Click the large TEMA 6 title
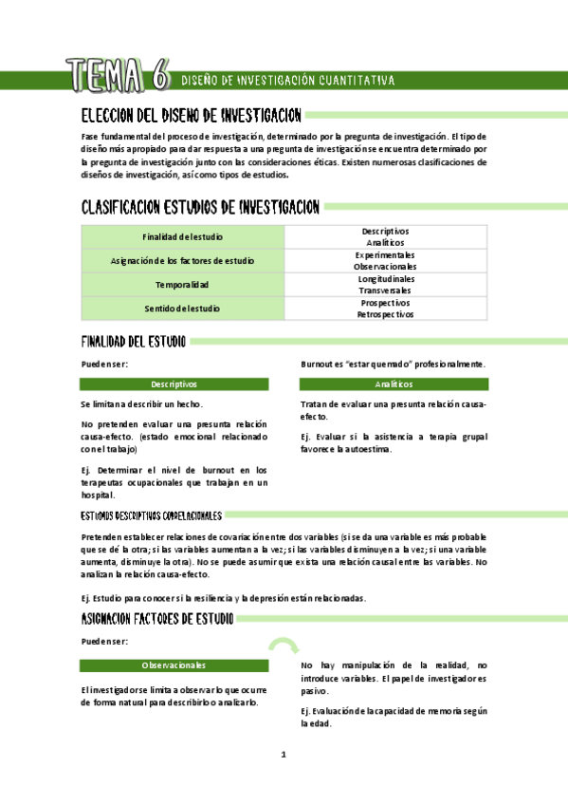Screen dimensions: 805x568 click(118, 74)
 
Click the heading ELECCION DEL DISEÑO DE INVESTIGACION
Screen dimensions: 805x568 click(192, 116)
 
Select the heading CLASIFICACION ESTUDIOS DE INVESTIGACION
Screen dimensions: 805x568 click(200, 207)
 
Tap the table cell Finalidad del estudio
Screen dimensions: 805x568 click(183, 236)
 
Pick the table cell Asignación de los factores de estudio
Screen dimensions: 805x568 click(183, 260)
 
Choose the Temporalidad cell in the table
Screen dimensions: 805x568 click(183, 285)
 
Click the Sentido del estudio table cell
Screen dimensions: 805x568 click(183, 309)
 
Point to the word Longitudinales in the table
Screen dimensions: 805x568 click(385, 279)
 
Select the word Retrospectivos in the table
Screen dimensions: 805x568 click(385, 314)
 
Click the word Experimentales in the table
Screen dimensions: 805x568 click(385, 254)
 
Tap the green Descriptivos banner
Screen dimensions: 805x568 click(174, 384)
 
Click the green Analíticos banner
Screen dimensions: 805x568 click(394, 384)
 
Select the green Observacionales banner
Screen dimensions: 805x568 click(174, 665)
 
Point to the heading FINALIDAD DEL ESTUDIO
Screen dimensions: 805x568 click(134, 341)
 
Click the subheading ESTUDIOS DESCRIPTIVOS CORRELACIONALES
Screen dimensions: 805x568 click(152, 515)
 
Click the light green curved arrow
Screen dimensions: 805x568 click(282, 646)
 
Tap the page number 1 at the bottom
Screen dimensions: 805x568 click(283, 755)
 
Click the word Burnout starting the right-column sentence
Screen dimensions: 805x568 click(317, 364)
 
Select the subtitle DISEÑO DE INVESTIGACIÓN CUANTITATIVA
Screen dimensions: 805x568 click(287, 81)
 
